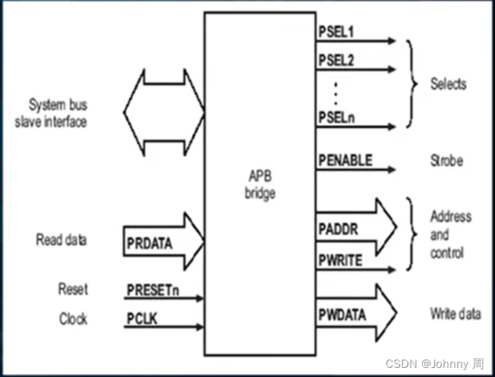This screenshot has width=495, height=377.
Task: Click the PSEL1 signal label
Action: pyautogui.click(x=335, y=33)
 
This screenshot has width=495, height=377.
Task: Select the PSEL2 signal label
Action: pyautogui.click(x=335, y=60)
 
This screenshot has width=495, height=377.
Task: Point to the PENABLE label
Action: pyautogui.click(x=345, y=160)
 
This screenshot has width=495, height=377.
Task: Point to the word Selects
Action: pyautogui.click(x=448, y=83)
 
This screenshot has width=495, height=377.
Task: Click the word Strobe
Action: pyautogui.click(x=447, y=161)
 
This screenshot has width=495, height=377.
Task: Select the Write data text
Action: pyautogui.click(x=456, y=313)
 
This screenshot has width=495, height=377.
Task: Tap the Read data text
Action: pyautogui.click(x=61, y=240)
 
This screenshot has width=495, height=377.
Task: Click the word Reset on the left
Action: pyautogui.click(x=73, y=289)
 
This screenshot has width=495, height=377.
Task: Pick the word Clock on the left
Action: pyautogui.click(x=73, y=319)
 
